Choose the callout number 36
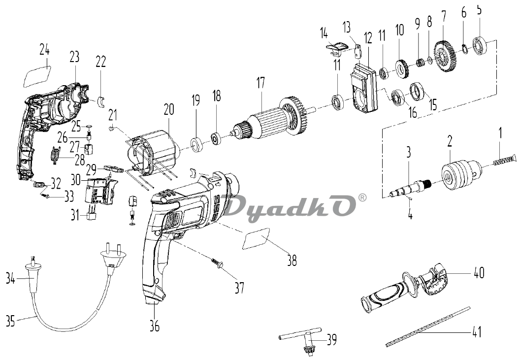coord(155,326)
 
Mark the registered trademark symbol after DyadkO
coord(362,198)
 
